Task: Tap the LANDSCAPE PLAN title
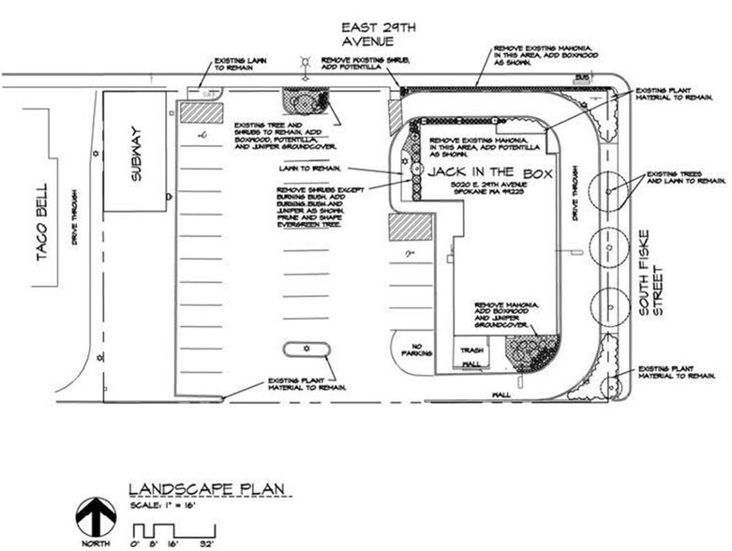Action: pos(208,489)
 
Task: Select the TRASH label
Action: pos(469,349)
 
